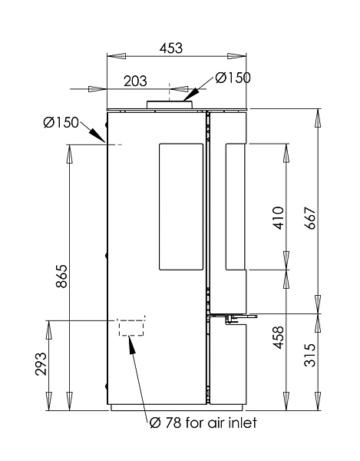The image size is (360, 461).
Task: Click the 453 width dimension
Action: pyautogui.click(x=171, y=48)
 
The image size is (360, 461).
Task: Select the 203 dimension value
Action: pyautogui.click(x=135, y=81)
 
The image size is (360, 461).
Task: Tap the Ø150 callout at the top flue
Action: pyautogui.click(x=233, y=78)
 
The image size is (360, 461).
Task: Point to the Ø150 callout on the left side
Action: pyautogui.click(x=61, y=122)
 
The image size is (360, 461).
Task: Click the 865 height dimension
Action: pyautogui.click(x=62, y=277)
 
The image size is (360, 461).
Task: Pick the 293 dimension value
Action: pyautogui.click(x=41, y=363)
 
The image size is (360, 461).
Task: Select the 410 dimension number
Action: pyautogui.click(x=279, y=218)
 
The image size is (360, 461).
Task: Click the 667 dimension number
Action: pyautogui.click(x=310, y=218)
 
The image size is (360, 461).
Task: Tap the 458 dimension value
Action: pyautogui.click(x=279, y=337)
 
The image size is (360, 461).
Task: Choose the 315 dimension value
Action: pyautogui.click(x=310, y=355)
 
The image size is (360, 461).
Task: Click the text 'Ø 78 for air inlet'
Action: pyautogui.click(x=203, y=423)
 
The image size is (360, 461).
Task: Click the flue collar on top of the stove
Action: pyautogui.click(x=170, y=104)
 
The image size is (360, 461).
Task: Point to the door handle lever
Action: pyautogui.click(x=241, y=317)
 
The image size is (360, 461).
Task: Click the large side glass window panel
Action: pyautogui.click(x=181, y=207)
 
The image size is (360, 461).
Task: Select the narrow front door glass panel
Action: pyautogui.click(x=235, y=207)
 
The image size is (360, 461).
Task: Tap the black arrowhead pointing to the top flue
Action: pyautogui.click(x=191, y=95)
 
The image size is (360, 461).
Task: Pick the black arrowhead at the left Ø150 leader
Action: pyautogui.click(x=97, y=135)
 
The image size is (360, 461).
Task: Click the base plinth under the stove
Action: pyautogui.click(x=177, y=407)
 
